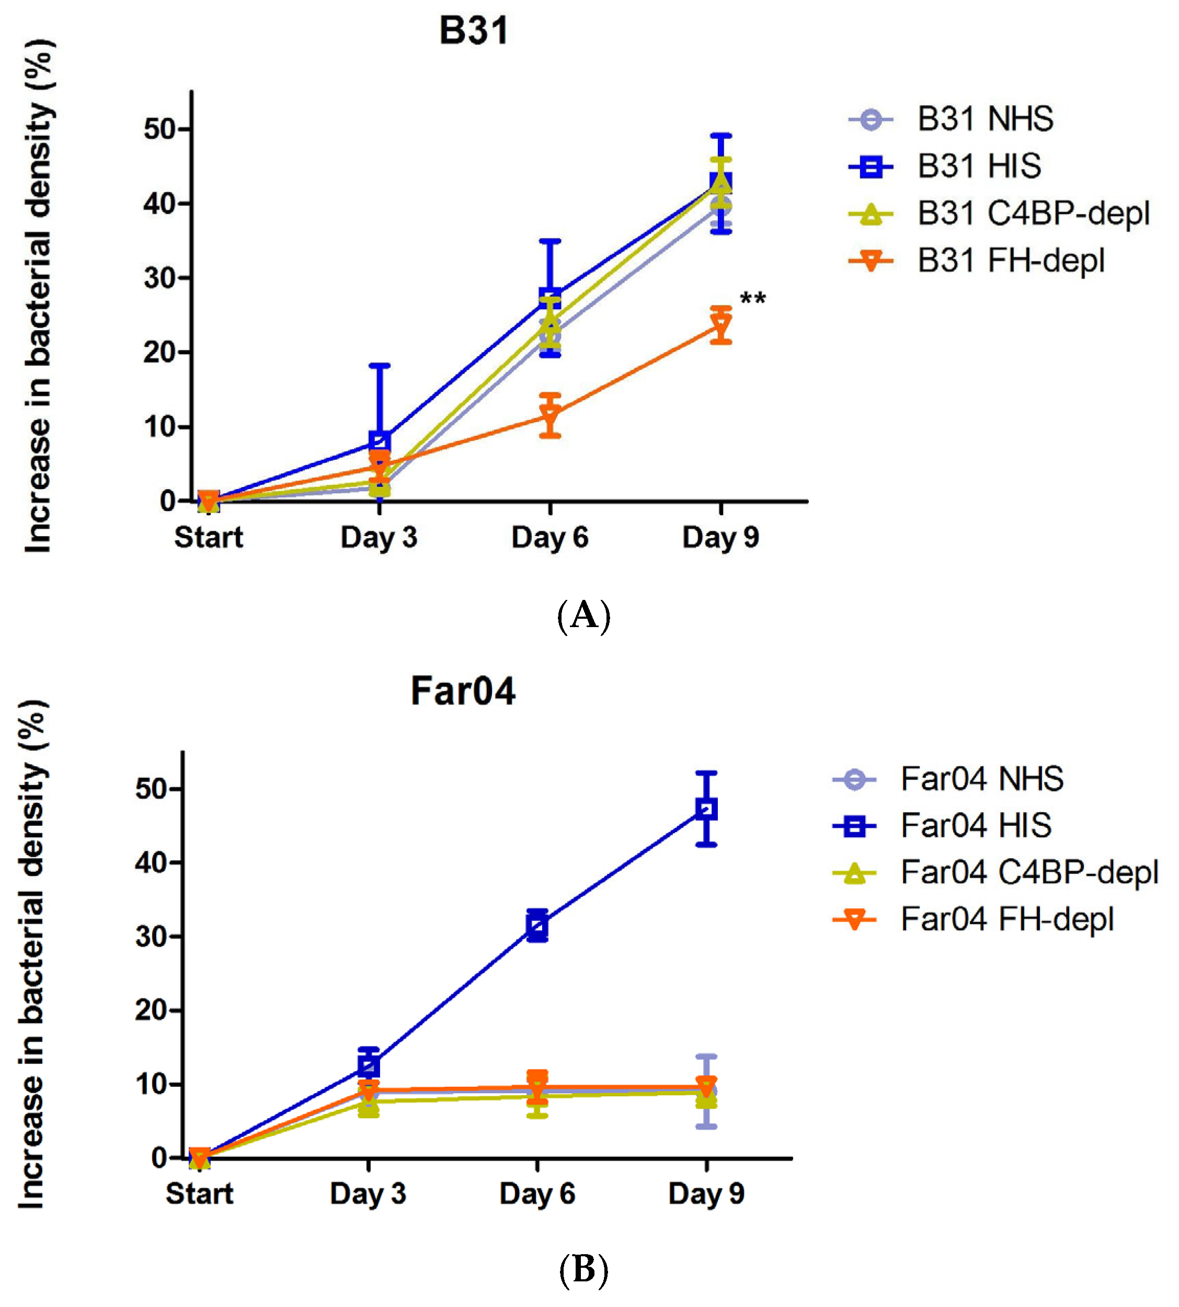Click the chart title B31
pos(474,30)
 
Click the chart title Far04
pos(463,691)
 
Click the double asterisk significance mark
pos(753,299)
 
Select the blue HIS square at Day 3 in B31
pos(379,441)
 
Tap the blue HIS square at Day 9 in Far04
pos(706,809)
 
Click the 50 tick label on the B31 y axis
pos(160,129)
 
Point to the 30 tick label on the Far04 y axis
pos(152,936)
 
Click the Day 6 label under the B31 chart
pos(550,537)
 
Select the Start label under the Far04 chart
pos(199,1193)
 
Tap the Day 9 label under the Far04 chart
pos(706,1193)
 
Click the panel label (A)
pos(583,615)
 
